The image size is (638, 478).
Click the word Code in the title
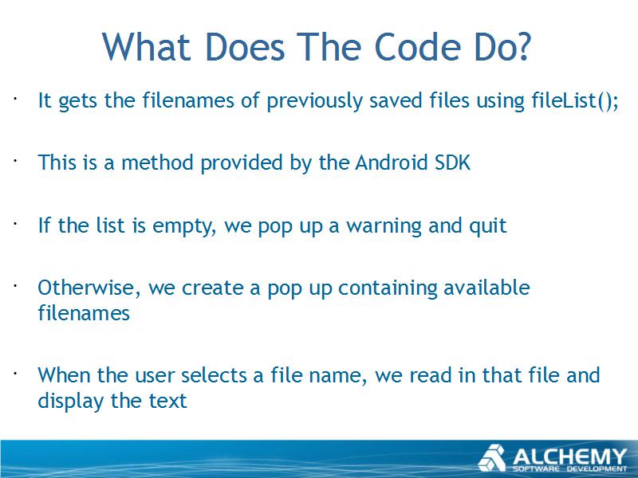[x=417, y=47]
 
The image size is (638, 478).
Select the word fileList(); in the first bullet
[x=575, y=100]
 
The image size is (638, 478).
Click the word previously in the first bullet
[x=314, y=101]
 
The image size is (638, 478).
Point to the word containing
[x=388, y=288]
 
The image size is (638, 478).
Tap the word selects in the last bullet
[x=214, y=374]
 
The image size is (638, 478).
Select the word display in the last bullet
[x=71, y=402]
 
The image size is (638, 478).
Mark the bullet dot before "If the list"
[x=15, y=223]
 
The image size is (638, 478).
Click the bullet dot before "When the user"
[x=15, y=372]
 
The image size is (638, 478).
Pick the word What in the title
[x=147, y=47]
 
